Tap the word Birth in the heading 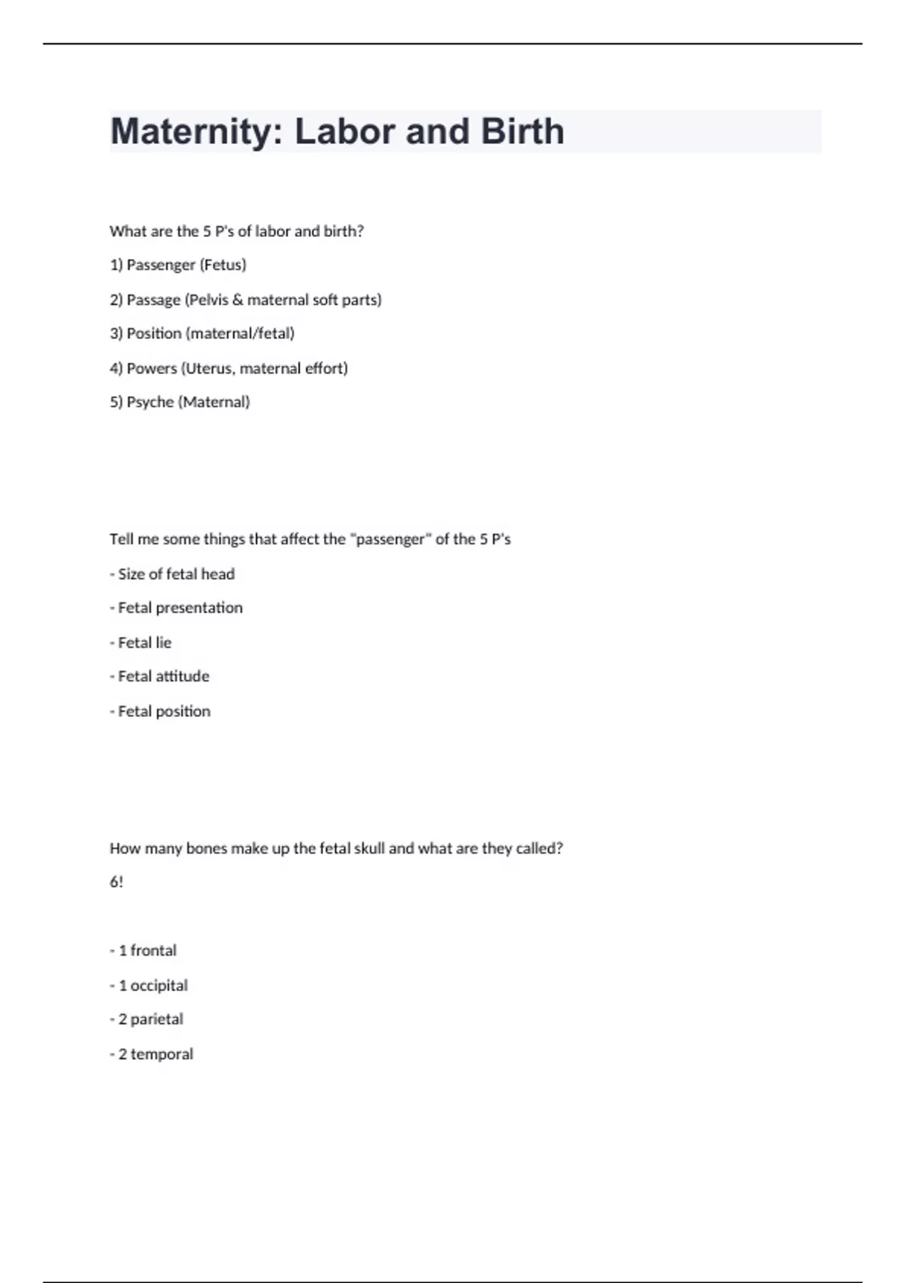tap(522, 132)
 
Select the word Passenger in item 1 tap(161, 265)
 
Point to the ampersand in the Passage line tap(238, 300)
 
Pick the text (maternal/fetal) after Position tap(240, 334)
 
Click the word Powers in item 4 tap(151, 368)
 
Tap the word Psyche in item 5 tap(150, 402)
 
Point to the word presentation tap(199, 608)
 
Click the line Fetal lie tap(144, 643)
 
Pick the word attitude tap(183, 676)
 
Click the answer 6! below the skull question tap(116, 882)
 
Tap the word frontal tap(153, 951)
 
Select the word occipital tap(159, 986)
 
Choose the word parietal tap(157, 1020)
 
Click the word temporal tap(162, 1054)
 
